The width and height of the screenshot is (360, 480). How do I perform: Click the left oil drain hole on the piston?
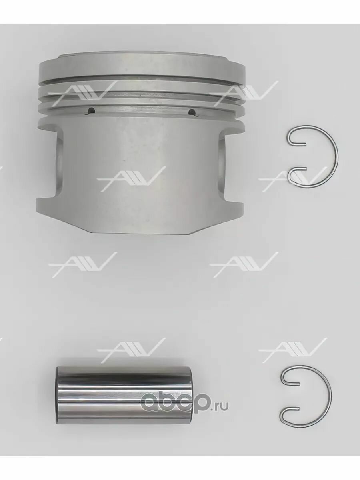[x=90, y=111]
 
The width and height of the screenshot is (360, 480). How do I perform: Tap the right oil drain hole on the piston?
[x=192, y=112]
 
